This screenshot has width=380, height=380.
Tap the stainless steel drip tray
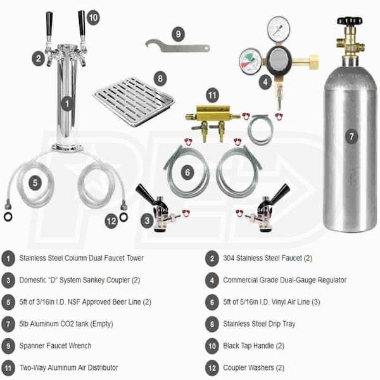pyautogui.click(x=134, y=101)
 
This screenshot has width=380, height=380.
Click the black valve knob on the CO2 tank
pyautogui.click(x=350, y=21)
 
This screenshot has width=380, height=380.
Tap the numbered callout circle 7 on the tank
pyautogui.click(x=351, y=136)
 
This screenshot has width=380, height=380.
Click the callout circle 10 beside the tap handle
pyautogui.click(x=93, y=18)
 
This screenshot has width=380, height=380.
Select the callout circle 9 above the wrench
pyautogui.click(x=178, y=34)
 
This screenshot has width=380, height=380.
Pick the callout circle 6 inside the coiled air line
pyautogui.click(x=187, y=172)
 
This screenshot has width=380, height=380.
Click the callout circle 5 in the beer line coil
pyautogui.click(x=35, y=183)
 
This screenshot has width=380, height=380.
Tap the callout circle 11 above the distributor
pyautogui.click(x=212, y=95)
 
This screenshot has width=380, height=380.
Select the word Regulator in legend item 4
pyautogui.click(x=332, y=280)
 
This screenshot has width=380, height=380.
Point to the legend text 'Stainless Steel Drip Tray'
pyautogui.click(x=259, y=324)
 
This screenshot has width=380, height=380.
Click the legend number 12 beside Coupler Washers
pyautogui.click(x=212, y=368)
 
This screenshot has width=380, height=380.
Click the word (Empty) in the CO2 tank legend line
pyautogui.click(x=102, y=324)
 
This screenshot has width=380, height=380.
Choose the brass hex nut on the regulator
pyautogui.click(x=313, y=62)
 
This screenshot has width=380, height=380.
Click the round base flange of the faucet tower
pyautogui.click(x=67, y=147)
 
